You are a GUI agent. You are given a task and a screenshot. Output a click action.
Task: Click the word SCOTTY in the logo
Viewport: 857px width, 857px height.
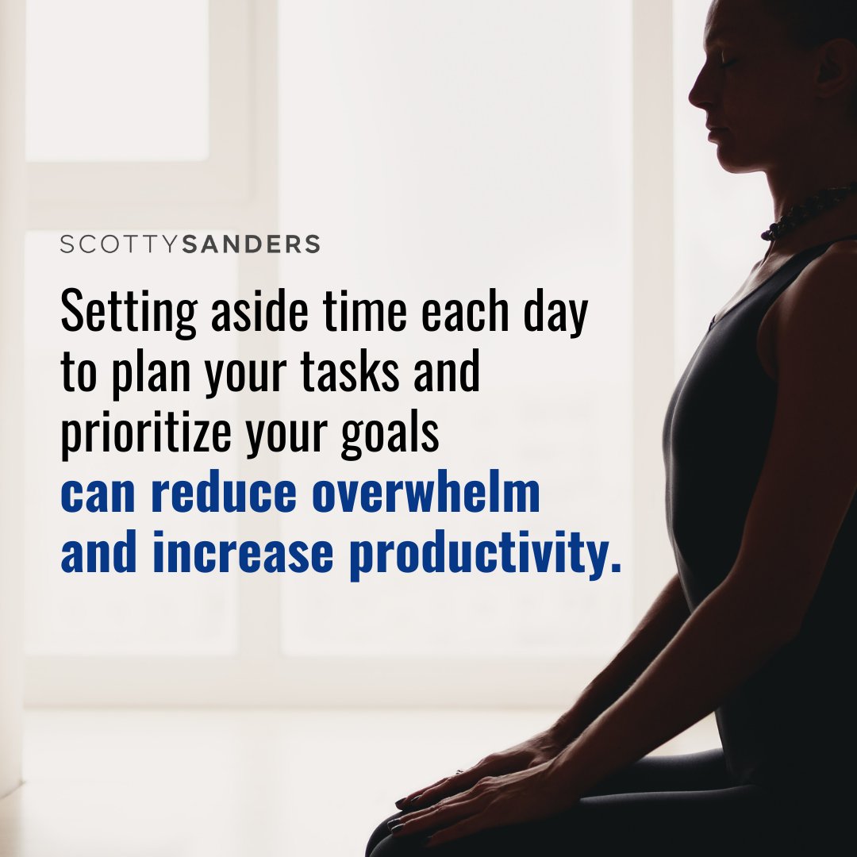tap(121, 244)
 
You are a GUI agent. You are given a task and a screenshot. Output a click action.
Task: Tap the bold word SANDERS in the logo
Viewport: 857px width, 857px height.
tap(251, 244)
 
